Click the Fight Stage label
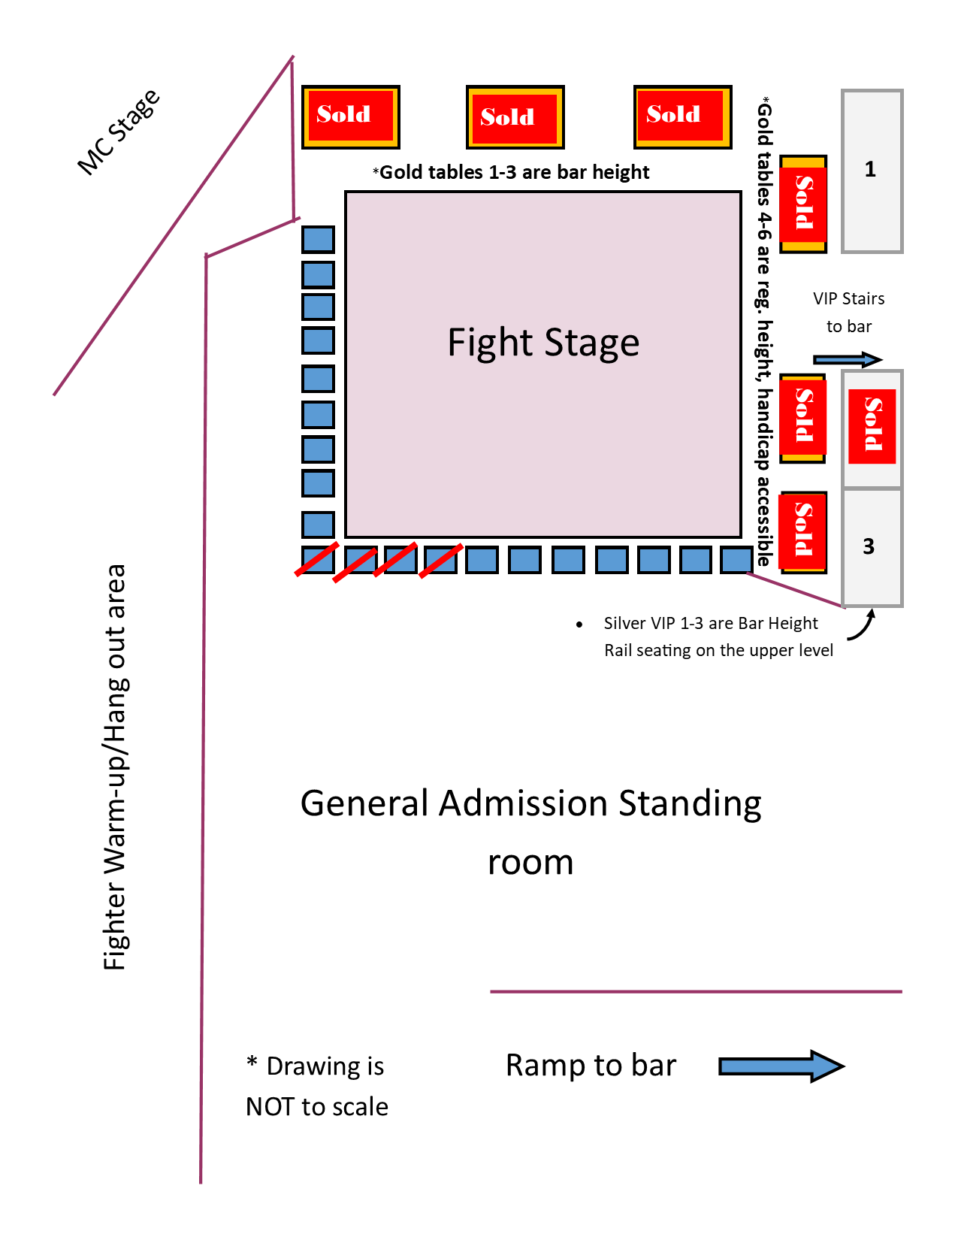tap(543, 343)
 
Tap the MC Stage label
tap(119, 132)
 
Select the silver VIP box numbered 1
tap(872, 171)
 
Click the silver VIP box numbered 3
tap(872, 546)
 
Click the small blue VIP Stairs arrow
tap(848, 360)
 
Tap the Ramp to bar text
tap(591, 1066)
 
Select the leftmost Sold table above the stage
tap(350, 116)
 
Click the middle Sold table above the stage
tap(515, 117)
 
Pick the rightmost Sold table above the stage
tap(682, 116)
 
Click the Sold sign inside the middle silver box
tap(872, 425)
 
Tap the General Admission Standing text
tap(530, 803)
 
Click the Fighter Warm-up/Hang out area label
tap(115, 767)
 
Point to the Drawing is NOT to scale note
tap(317, 1086)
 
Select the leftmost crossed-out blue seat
tap(317, 560)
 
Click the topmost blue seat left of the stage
tap(318, 240)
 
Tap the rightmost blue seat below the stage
tap(736, 560)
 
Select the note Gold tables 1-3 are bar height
tap(512, 173)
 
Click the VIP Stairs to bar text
tap(849, 312)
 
